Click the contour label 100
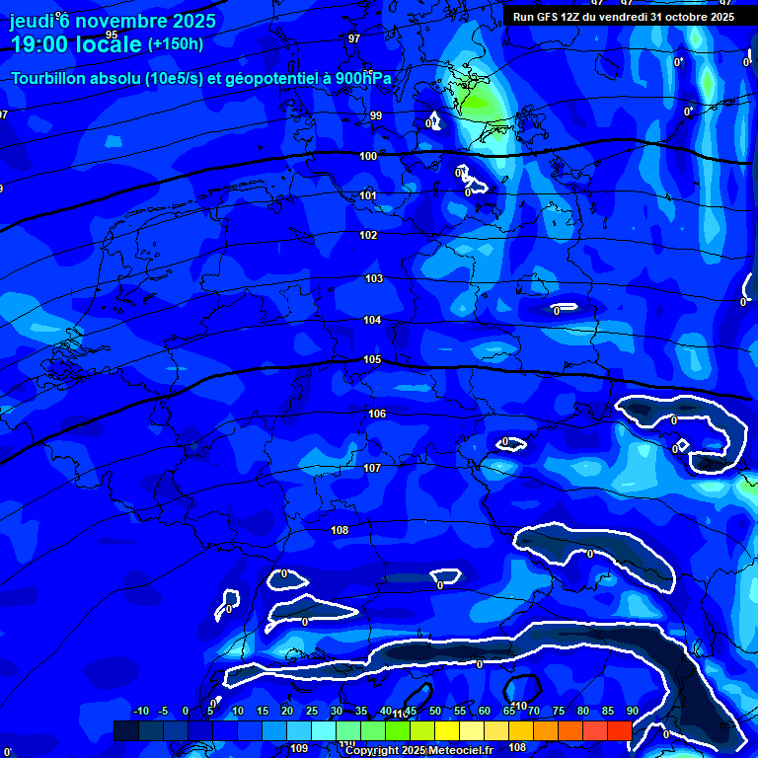click(368, 156)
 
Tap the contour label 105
click(372, 359)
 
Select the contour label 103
click(374, 279)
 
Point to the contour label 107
click(372, 468)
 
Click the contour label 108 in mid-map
click(340, 530)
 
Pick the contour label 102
click(368, 235)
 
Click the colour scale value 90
click(632, 711)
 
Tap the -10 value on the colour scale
click(141, 711)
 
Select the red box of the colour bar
click(619, 730)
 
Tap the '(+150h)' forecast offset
click(176, 44)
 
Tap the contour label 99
click(376, 115)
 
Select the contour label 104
click(372, 320)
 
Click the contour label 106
click(376, 414)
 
